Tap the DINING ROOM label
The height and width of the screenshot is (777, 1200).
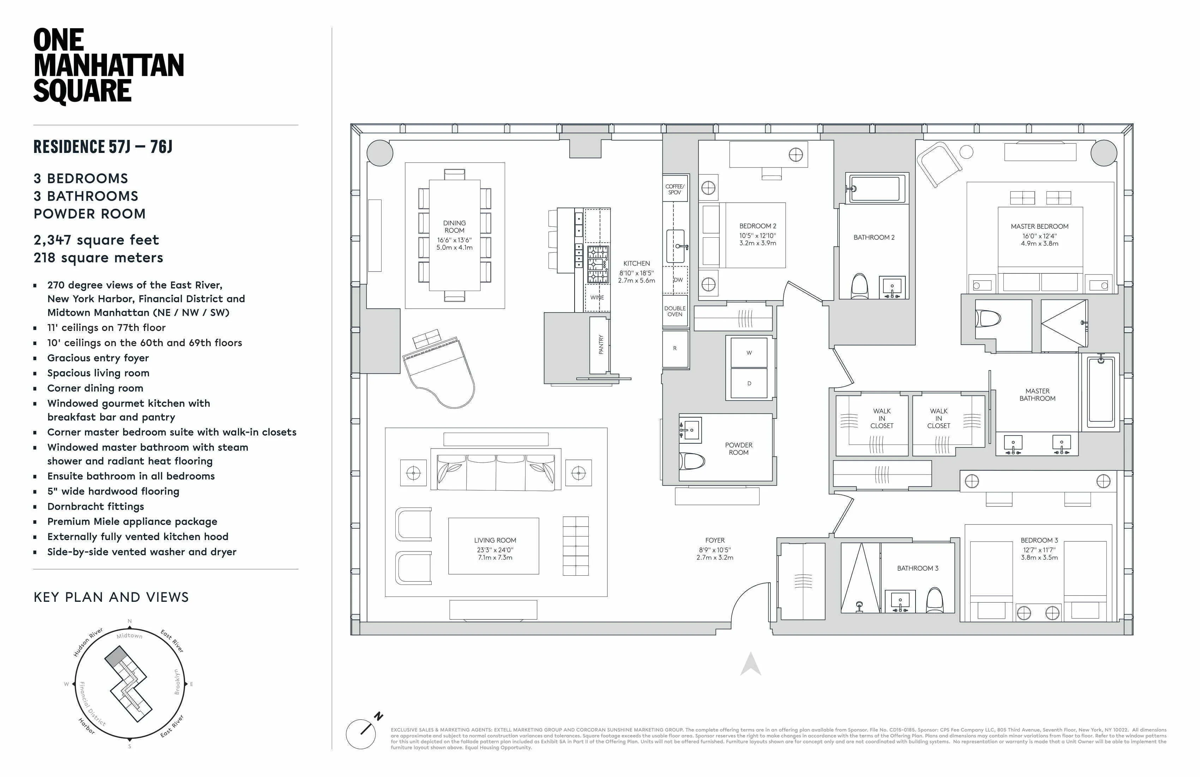click(454, 226)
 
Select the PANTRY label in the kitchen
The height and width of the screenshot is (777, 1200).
click(600, 345)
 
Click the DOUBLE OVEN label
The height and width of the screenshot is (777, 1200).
click(674, 311)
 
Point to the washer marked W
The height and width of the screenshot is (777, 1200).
click(749, 353)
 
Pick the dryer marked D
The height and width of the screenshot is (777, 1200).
click(749, 384)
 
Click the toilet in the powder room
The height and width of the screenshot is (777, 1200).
click(692, 460)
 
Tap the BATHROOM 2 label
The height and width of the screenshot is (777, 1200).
click(874, 237)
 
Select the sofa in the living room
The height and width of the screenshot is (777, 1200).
click(496, 472)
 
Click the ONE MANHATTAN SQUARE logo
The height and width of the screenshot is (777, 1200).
click(108, 66)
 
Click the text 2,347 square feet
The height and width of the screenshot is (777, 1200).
click(96, 240)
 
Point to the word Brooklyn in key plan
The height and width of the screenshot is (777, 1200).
click(176, 682)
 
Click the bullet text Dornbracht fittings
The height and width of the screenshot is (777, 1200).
click(95, 506)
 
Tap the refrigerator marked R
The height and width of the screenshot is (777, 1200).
click(674, 349)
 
